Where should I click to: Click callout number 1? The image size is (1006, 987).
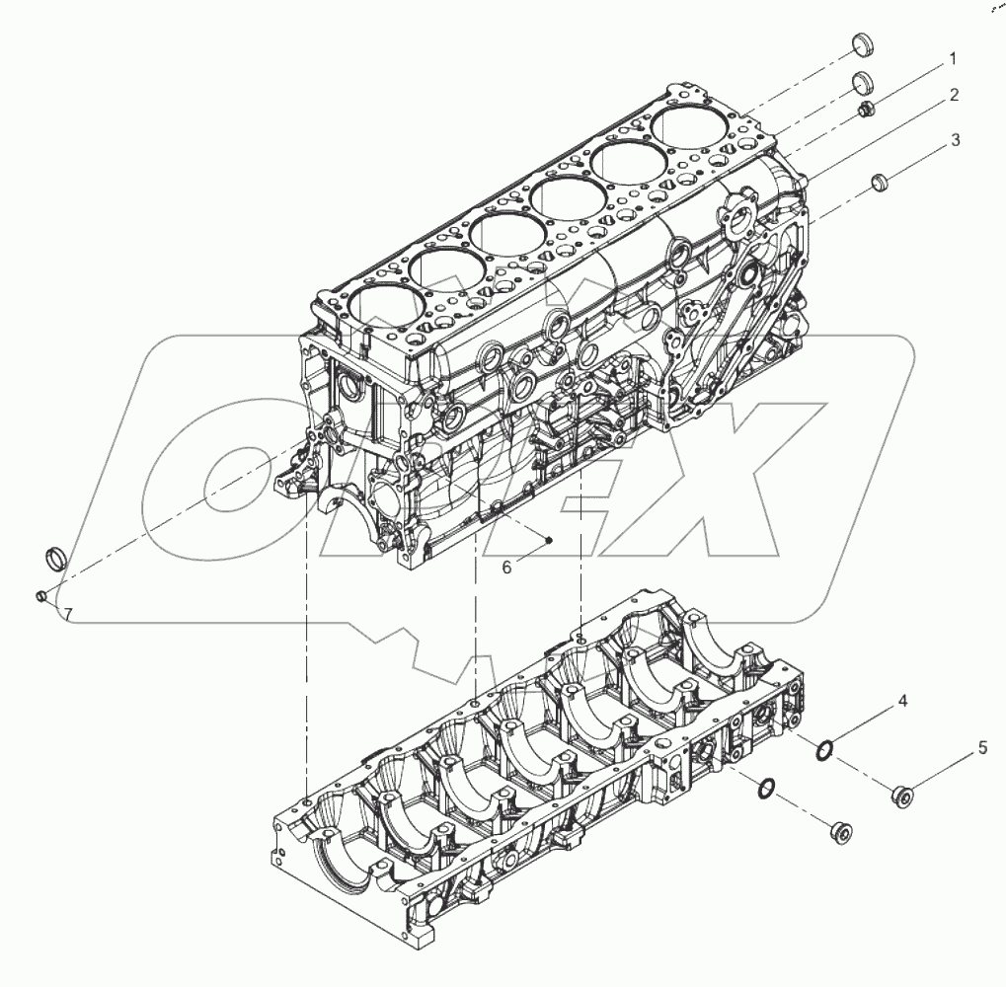point(952,60)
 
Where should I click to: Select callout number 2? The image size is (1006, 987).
point(954,96)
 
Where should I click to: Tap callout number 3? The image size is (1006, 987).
point(955,141)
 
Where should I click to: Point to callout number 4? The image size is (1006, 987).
point(901,703)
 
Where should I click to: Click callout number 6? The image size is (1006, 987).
point(506,567)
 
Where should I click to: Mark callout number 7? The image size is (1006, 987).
point(68,614)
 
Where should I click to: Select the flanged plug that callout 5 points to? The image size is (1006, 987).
point(901,794)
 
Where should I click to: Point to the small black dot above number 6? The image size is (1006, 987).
point(549,539)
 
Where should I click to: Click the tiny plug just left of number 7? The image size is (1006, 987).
point(41,596)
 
